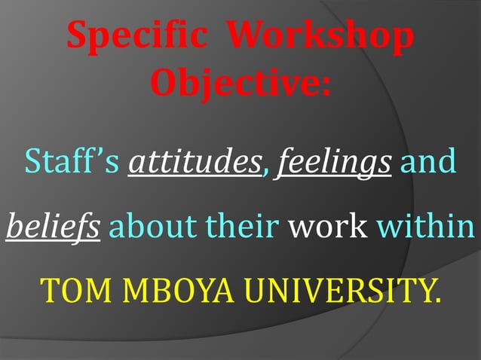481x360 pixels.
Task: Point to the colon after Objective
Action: [324, 85]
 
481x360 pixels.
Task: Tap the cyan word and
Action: [427, 161]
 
